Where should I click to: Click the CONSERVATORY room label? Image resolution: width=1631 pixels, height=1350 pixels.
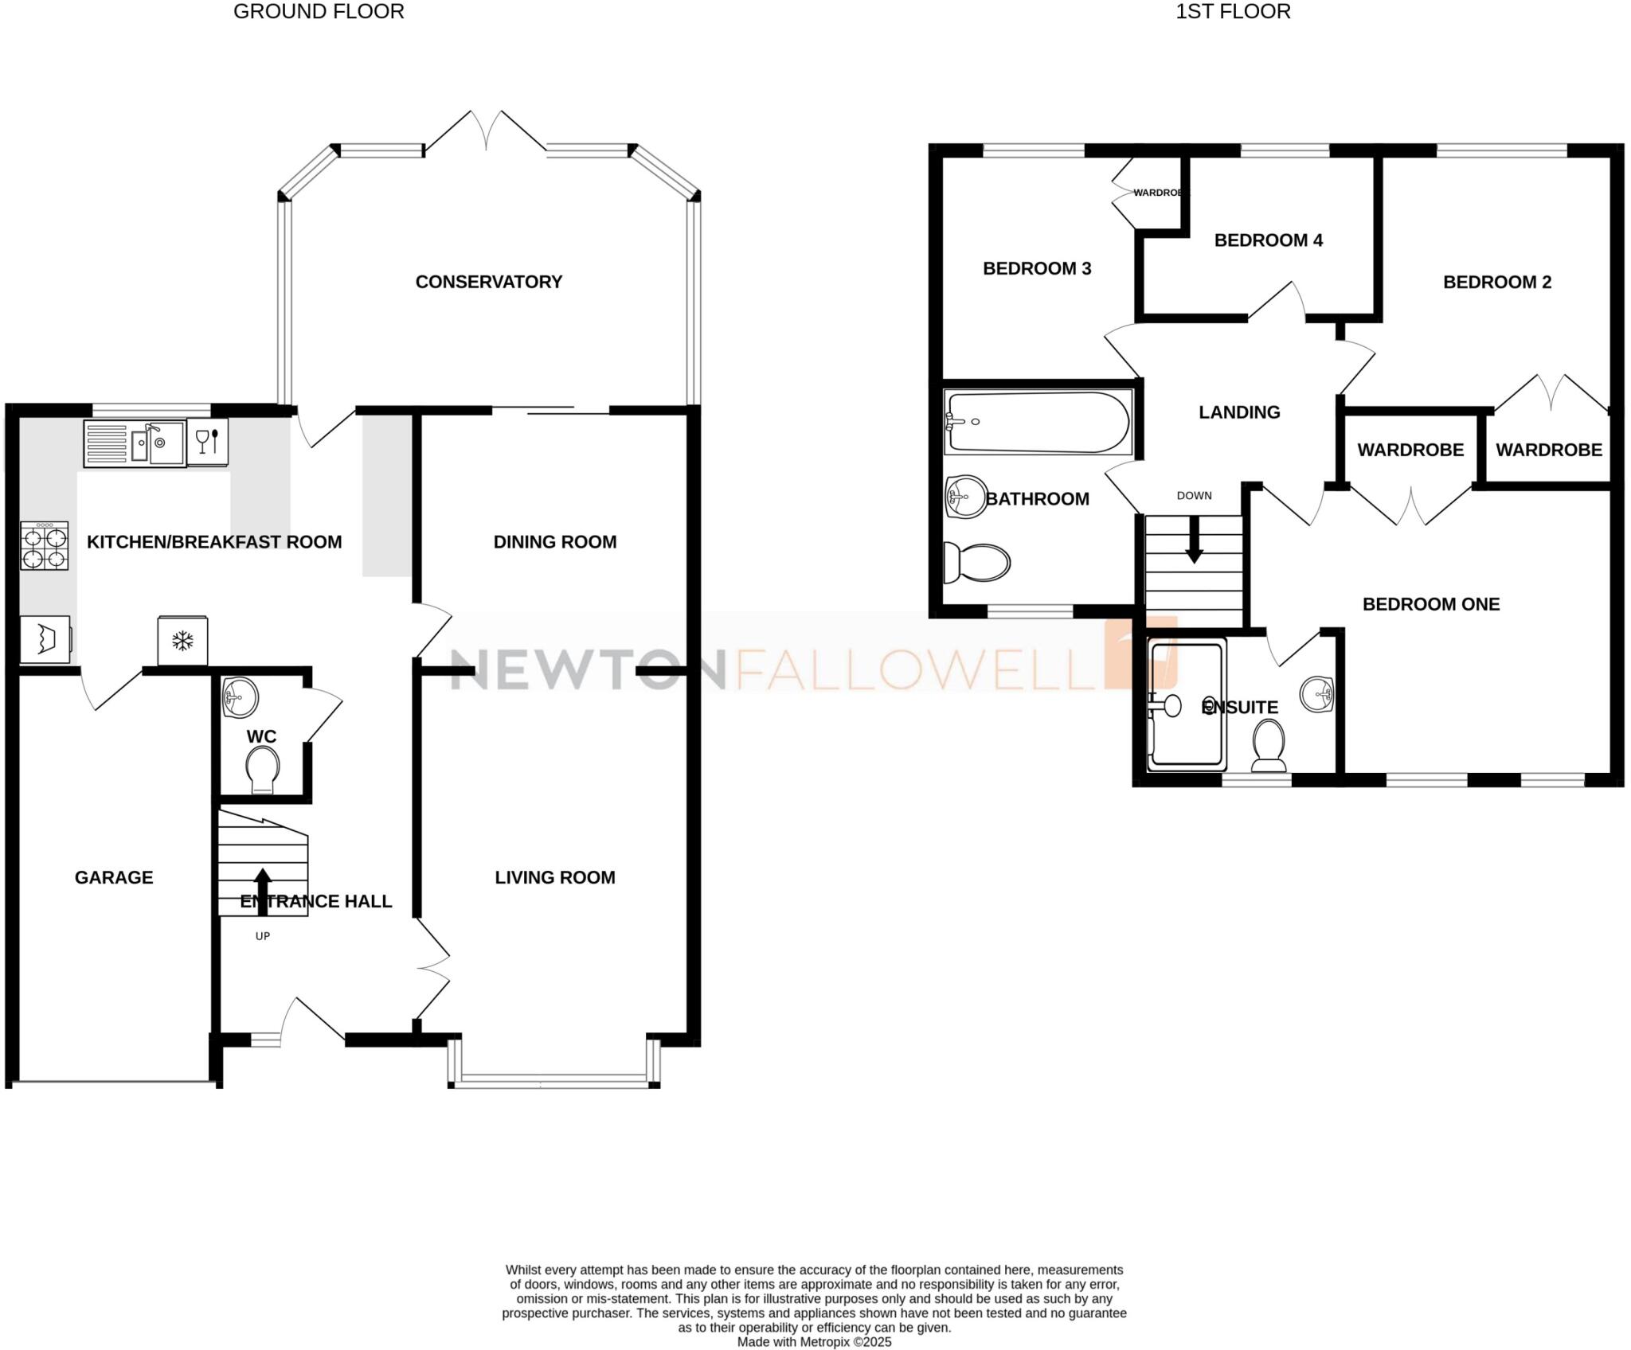488,282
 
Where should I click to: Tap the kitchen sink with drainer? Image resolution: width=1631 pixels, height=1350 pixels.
135,443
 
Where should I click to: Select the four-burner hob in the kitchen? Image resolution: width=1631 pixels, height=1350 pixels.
45,546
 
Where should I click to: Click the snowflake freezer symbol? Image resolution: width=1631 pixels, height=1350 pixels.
183,640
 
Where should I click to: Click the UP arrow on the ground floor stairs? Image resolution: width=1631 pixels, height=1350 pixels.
262,892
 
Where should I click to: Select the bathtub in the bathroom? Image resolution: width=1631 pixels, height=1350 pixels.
1038,422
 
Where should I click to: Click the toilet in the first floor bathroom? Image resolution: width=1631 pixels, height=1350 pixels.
976,563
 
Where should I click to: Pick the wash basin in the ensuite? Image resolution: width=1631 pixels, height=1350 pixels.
1317,694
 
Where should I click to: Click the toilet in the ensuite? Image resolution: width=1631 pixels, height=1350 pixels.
1269,745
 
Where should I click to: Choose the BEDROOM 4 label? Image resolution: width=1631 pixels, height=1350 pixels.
1268,240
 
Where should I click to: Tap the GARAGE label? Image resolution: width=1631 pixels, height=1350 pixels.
114,877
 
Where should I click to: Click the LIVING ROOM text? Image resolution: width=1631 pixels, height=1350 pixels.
555,877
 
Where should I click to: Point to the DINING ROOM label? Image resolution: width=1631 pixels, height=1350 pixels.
555,542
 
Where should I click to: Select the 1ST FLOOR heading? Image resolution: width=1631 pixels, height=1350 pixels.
1233,12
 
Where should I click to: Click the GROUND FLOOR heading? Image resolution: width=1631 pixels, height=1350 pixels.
319,12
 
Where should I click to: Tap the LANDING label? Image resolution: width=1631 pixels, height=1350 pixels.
1239,412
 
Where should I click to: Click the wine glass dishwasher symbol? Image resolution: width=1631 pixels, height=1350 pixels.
207,442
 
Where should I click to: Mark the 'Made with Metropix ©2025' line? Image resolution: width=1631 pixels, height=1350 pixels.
814,1342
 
